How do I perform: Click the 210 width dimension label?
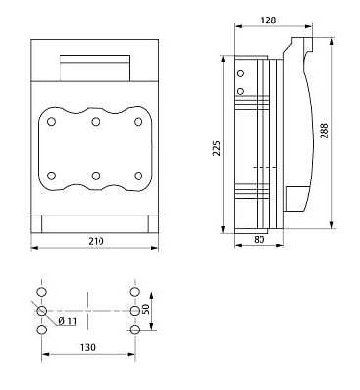pyautogui.click(x=96, y=241)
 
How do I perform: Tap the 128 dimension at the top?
pyautogui.click(x=268, y=20)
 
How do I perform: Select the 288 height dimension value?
pyautogui.click(x=324, y=131)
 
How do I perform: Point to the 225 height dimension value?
pyautogui.click(x=217, y=148)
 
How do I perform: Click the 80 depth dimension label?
pyautogui.click(x=259, y=240)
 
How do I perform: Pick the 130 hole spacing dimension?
pyautogui.click(x=88, y=347)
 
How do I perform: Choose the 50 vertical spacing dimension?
pyautogui.click(x=146, y=309)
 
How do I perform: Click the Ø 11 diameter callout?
pyautogui.click(x=67, y=321)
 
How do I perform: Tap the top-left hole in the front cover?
pyautogui.click(x=51, y=122)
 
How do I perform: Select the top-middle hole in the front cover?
pyautogui.click(x=95, y=122)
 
